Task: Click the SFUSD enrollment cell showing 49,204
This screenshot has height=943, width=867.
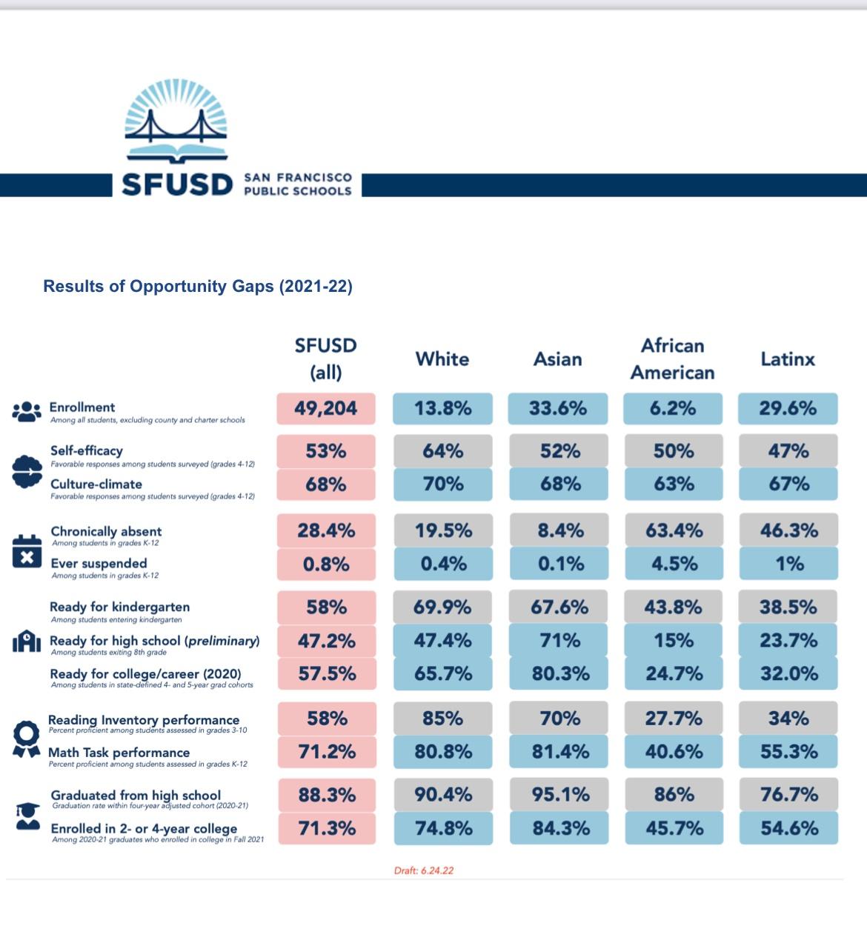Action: pyautogui.click(x=326, y=408)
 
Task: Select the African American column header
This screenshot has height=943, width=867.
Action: pyautogui.click(x=672, y=359)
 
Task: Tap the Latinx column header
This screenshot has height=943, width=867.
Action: pyautogui.click(x=788, y=359)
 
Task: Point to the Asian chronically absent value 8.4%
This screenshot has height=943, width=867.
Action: pyautogui.click(x=560, y=530)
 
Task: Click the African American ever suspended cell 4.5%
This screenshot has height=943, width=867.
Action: pyautogui.click(x=674, y=564)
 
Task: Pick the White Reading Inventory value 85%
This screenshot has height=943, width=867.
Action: pyautogui.click(x=442, y=718)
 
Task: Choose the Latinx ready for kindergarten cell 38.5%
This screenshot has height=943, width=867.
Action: pyautogui.click(x=788, y=607)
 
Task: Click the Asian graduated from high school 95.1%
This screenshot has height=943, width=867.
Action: pyautogui.click(x=560, y=795)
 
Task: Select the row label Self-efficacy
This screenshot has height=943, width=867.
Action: pyautogui.click(x=87, y=450)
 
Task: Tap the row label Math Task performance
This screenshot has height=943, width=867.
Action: pyautogui.click(x=119, y=753)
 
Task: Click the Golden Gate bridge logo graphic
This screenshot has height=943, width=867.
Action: pyautogui.click(x=176, y=122)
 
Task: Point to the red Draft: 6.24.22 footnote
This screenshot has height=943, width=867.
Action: pyautogui.click(x=424, y=870)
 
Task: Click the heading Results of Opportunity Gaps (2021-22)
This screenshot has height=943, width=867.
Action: pyautogui.click(x=198, y=287)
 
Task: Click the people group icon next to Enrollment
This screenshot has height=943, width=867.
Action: pyautogui.click(x=27, y=411)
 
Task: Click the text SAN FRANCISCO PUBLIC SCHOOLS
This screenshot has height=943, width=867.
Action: pyautogui.click(x=298, y=184)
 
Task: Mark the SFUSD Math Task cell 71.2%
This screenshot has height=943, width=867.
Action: pyautogui.click(x=326, y=752)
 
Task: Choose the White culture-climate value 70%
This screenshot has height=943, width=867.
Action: pyautogui.click(x=442, y=484)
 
